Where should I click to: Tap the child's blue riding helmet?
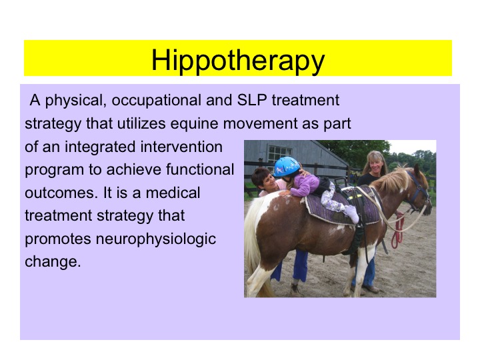tap(287, 167)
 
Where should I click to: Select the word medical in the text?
tap(174, 193)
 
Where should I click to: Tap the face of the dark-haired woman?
tap(261, 181)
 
